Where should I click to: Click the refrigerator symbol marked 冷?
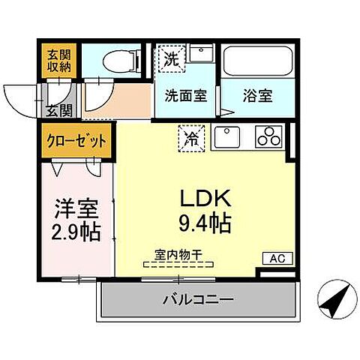[x=190, y=138]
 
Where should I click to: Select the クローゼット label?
[x=78, y=141]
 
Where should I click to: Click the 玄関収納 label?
[x=58, y=61]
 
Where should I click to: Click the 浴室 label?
[x=256, y=95]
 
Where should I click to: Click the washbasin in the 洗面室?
[x=199, y=55]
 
